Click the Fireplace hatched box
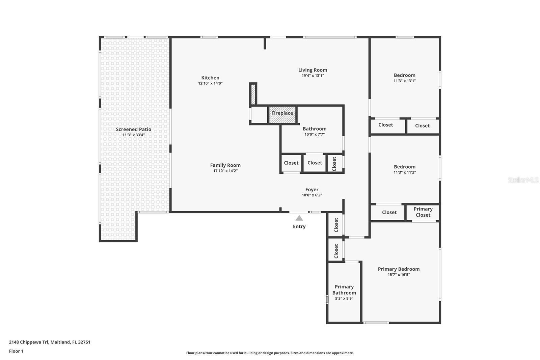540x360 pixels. click(282, 115)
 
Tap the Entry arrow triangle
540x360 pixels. click(299, 218)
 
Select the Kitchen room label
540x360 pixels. click(210, 78)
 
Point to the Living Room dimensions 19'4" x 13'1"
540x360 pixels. click(313, 76)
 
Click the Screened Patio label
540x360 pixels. click(134, 129)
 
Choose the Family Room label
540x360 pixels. click(225, 165)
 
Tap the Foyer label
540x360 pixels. click(312, 190)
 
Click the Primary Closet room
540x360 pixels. click(423, 212)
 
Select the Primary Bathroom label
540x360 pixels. click(344, 290)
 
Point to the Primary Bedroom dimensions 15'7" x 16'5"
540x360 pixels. click(399, 275)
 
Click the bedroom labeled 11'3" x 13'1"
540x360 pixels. click(404, 78)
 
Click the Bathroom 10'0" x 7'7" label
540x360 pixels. click(314, 129)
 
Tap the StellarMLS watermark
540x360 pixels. click(523, 180)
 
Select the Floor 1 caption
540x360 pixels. click(16, 351)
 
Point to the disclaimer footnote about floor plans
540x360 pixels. click(270, 353)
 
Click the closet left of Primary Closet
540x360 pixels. click(389, 213)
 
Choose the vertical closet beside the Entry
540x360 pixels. click(336, 225)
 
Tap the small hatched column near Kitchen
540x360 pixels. click(253, 94)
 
